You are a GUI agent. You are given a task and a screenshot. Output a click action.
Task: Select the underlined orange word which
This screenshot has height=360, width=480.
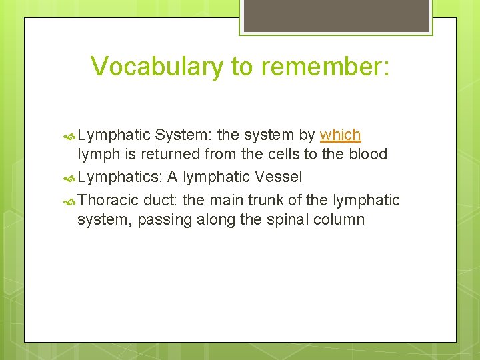tap(340, 135)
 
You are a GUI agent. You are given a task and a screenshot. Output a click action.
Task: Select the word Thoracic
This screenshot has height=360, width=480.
tap(108, 200)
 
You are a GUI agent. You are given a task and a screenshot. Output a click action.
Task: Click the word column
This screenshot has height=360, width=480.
tap(341, 219)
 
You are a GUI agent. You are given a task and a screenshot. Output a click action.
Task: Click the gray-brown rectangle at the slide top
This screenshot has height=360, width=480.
tap(336, 15)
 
